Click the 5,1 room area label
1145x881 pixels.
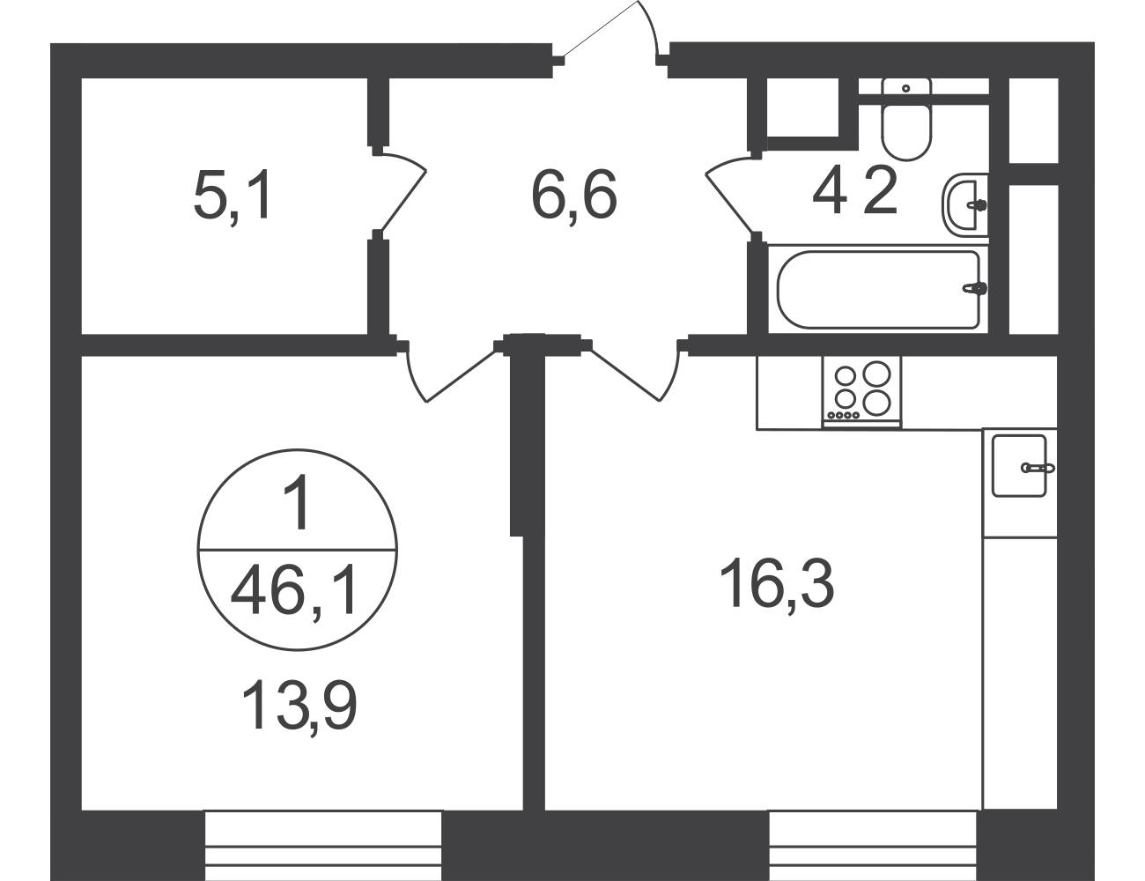click(232, 197)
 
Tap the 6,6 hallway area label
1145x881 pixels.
click(573, 197)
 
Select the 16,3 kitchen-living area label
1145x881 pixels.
click(777, 584)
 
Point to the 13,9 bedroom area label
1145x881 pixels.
click(299, 705)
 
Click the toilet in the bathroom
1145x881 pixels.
click(906, 119)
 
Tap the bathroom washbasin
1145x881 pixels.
click(964, 205)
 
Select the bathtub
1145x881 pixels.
click(878, 289)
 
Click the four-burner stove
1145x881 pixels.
click(861, 391)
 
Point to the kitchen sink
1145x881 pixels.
click(1020, 466)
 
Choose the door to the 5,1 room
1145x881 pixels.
click(403, 192)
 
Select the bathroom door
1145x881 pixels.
click(730, 192)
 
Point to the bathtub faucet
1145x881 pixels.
click(975, 288)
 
